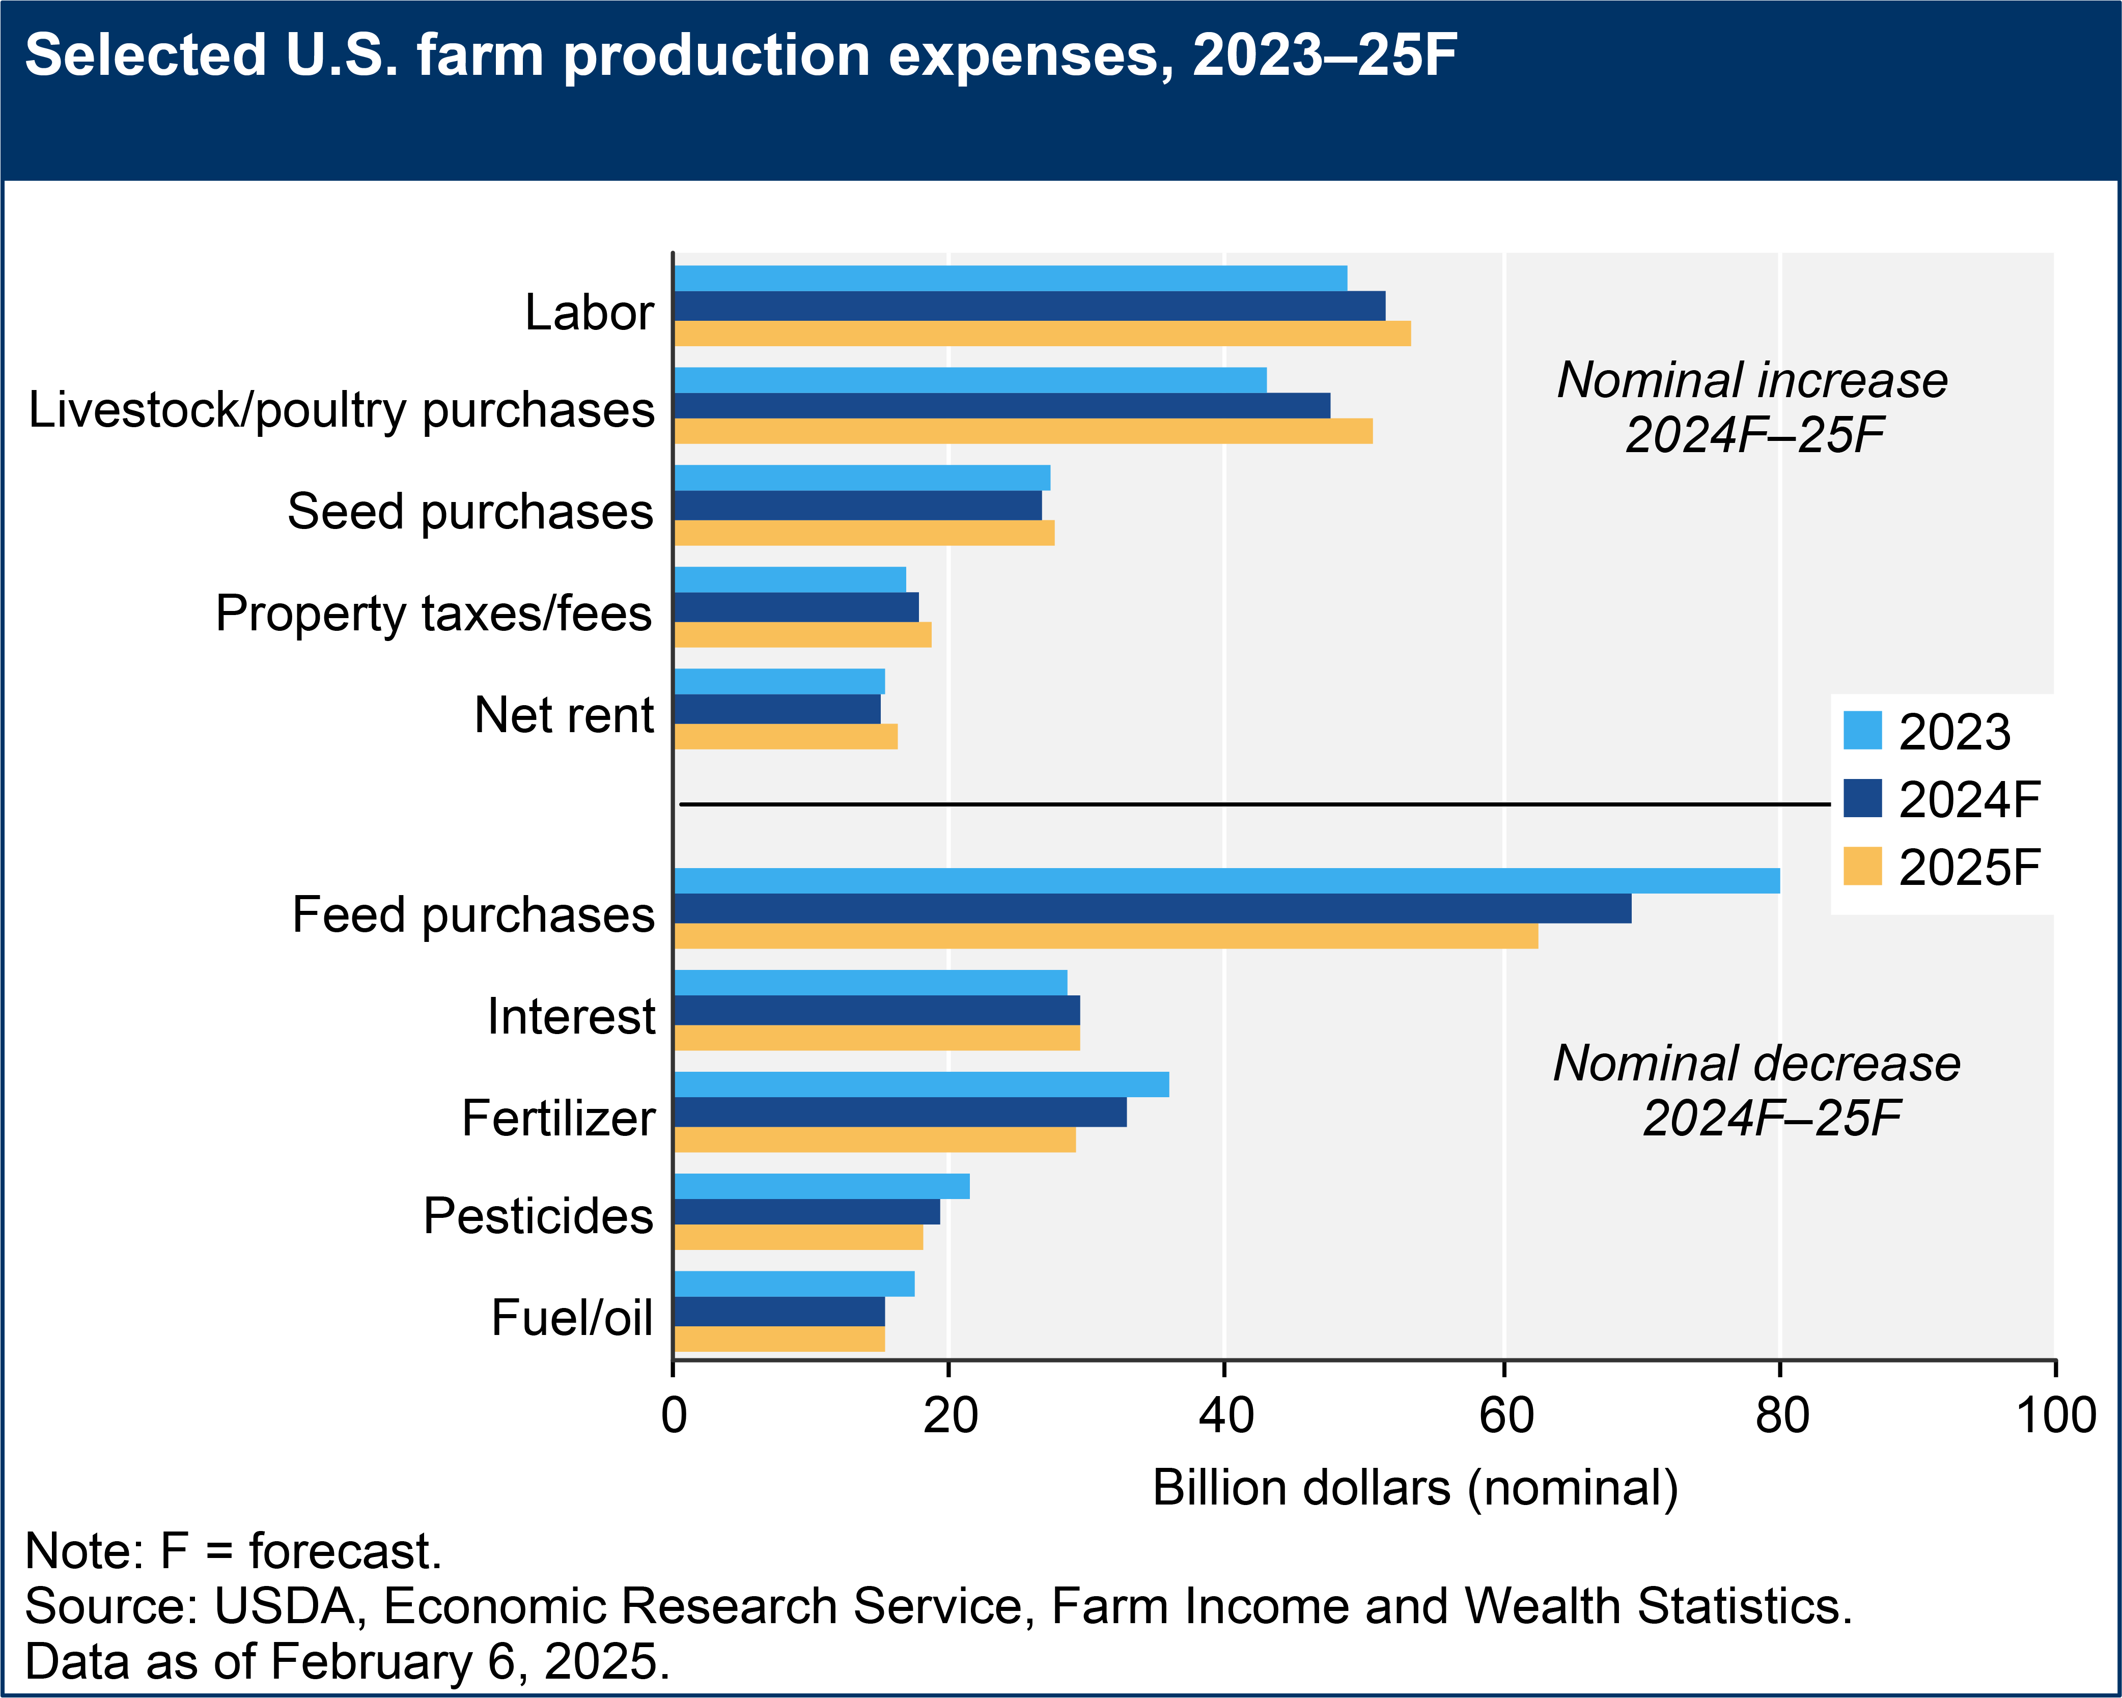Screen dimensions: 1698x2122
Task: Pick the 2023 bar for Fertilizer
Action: pyautogui.click(x=920, y=1084)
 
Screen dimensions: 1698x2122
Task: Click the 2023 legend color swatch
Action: pyautogui.click(x=1862, y=731)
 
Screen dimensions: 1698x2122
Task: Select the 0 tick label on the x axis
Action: pyautogui.click(x=674, y=1415)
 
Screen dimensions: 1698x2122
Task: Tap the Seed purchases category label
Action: pyautogui.click(x=469, y=512)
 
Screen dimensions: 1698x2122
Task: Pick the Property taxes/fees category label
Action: pyautogui.click(x=433, y=613)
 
